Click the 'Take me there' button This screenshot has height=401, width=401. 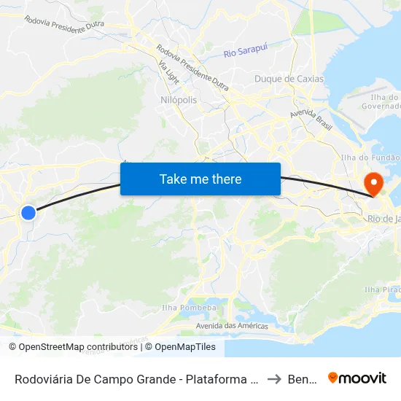[200, 179]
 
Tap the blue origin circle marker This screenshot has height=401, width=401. [28, 213]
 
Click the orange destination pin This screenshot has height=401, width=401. [373, 184]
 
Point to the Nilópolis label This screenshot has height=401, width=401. [178, 100]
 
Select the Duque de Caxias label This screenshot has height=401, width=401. [284, 79]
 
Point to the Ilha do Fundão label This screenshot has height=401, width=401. [370, 157]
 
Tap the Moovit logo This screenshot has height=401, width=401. [357, 378]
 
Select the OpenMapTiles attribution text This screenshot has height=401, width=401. [185, 347]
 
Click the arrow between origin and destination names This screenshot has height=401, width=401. [275, 378]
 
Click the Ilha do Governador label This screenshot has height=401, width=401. [381, 101]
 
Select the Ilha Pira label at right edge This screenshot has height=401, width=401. [382, 289]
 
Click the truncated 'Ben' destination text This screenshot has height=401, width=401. [303, 378]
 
